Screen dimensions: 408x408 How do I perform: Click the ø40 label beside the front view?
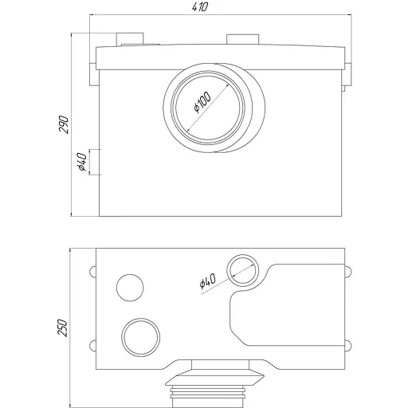(81, 162)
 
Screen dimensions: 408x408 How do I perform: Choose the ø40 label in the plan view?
(206, 280)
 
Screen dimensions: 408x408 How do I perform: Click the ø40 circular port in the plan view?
(241, 271)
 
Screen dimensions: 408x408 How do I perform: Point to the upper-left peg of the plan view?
(93, 270)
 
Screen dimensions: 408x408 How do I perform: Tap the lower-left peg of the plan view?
(93, 344)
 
